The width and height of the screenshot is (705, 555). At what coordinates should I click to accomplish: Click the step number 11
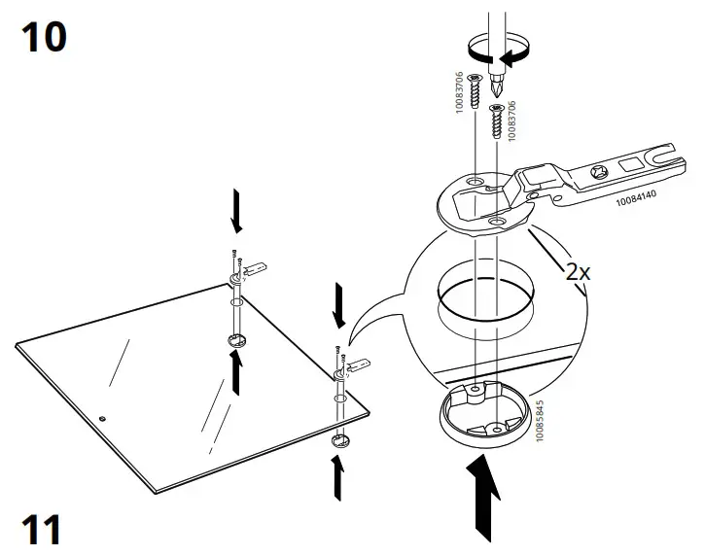41,531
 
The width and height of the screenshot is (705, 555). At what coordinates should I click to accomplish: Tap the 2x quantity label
579,271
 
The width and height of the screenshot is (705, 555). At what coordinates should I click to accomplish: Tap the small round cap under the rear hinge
237,341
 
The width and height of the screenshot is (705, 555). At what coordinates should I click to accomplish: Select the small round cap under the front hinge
339,441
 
